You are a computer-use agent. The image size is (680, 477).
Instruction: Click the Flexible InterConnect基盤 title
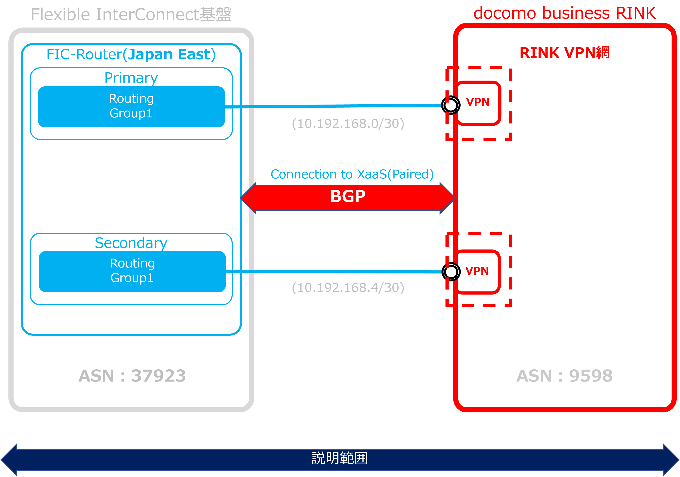[131, 14]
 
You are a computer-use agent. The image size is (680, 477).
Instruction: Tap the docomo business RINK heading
[565, 13]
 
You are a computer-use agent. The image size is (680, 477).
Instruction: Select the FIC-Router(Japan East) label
[131, 54]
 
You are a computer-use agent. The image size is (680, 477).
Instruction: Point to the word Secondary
[131, 243]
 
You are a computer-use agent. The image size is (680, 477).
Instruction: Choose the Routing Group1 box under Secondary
[132, 271]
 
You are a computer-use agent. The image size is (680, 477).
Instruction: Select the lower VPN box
[477, 271]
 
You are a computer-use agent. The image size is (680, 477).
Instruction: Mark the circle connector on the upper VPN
[451, 105]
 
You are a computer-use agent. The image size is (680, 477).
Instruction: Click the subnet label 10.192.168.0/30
[348, 124]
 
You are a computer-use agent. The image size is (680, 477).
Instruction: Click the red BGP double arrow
[348, 198]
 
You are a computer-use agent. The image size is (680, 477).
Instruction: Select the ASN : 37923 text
[132, 376]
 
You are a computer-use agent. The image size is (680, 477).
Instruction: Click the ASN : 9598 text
[565, 376]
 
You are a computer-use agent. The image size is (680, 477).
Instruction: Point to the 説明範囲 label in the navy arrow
[340, 458]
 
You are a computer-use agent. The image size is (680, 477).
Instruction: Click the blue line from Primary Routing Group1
[332, 106]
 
